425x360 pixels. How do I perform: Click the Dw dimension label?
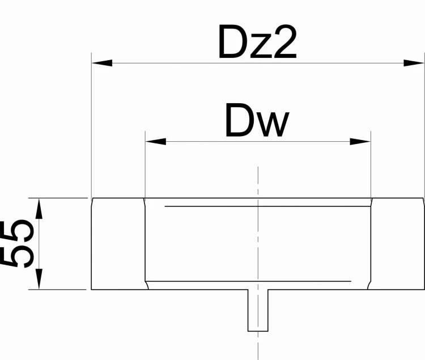coord(257,121)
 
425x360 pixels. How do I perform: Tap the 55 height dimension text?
coord(18,243)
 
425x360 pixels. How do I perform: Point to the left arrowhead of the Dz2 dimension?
coord(102,62)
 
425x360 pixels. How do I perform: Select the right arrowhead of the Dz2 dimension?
coord(414,62)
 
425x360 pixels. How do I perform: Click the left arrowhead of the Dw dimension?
coord(156,141)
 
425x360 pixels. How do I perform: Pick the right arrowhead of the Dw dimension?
coord(360,141)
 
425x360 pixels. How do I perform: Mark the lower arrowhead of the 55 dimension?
coord(39,279)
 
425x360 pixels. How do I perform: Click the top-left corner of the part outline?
coord(92,198)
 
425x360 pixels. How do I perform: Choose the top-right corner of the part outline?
coord(424,198)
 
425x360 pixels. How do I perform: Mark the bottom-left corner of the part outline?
coord(92,289)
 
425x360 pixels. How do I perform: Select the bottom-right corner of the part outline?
coord(424,289)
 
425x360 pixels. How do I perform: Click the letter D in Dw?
coord(238,121)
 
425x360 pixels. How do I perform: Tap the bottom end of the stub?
coord(258,331)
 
